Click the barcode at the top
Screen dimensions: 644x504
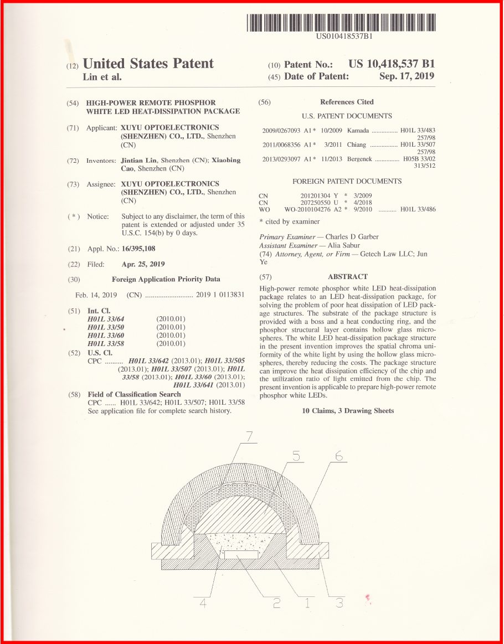click(342, 22)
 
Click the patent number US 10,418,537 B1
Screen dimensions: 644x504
click(392, 64)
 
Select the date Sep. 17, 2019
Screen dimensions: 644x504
click(407, 76)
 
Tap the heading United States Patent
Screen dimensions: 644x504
click(148, 64)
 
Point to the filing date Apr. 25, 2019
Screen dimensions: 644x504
click(143, 264)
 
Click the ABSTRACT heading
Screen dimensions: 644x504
click(347, 276)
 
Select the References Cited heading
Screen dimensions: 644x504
click(347, 102)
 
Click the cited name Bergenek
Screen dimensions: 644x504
click(360, 159)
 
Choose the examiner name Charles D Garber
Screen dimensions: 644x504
click(352, 236)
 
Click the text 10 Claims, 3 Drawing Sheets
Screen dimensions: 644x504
click(348, 411)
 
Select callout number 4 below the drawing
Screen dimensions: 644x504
click(203, 604)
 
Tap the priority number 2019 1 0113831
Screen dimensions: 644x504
click(220, 295)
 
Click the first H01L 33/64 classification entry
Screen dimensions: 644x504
click(106, 319)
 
